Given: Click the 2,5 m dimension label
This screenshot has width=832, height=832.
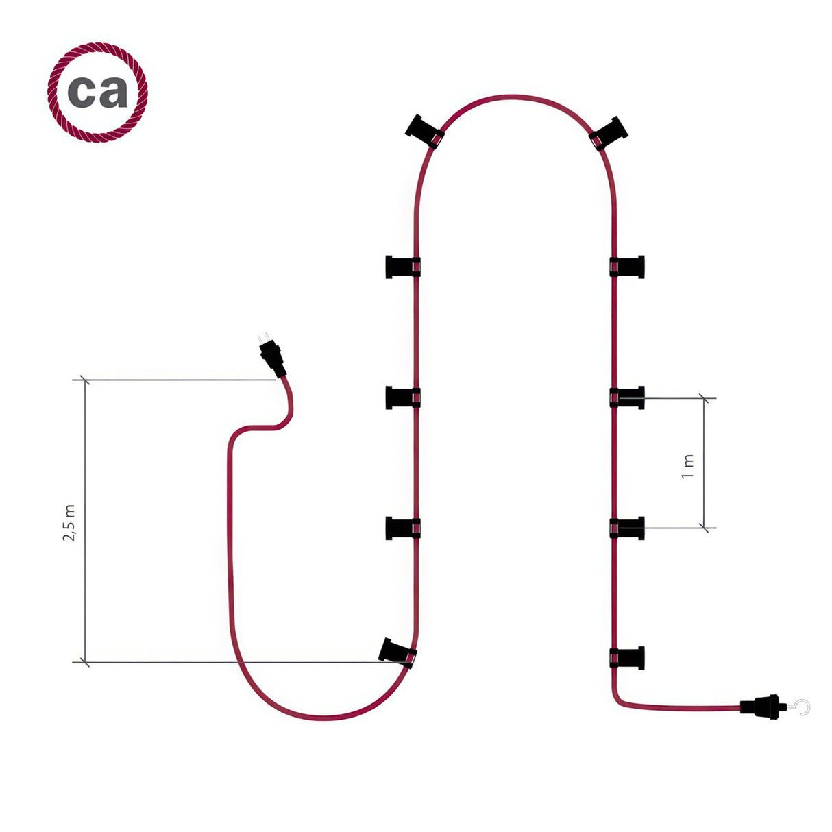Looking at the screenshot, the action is [69, 523].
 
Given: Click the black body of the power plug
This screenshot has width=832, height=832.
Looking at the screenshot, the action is [273, 359].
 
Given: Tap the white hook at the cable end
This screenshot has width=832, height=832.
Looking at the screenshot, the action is [802, 707].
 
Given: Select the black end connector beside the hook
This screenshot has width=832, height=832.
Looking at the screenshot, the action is [760, 707].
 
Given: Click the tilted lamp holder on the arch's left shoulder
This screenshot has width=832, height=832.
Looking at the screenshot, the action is [425, 132].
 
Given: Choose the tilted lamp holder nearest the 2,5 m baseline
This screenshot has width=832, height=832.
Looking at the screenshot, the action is [397, 652].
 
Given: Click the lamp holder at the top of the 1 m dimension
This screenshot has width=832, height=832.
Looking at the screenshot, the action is [627, 397].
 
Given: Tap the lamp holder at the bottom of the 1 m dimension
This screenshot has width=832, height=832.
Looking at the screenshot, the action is [627, 528].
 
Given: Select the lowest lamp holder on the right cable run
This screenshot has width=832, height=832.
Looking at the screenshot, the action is [627, 658].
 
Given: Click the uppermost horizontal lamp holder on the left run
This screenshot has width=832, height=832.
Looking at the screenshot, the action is [403, 267].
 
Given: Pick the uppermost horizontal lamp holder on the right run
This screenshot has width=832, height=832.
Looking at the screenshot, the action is [627, 267].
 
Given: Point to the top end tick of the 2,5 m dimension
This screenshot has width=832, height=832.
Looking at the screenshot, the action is [85, 380].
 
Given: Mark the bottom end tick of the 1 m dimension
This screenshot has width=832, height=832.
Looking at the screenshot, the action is [705, 528].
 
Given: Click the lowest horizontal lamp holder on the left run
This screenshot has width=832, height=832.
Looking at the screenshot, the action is [403, 528].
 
